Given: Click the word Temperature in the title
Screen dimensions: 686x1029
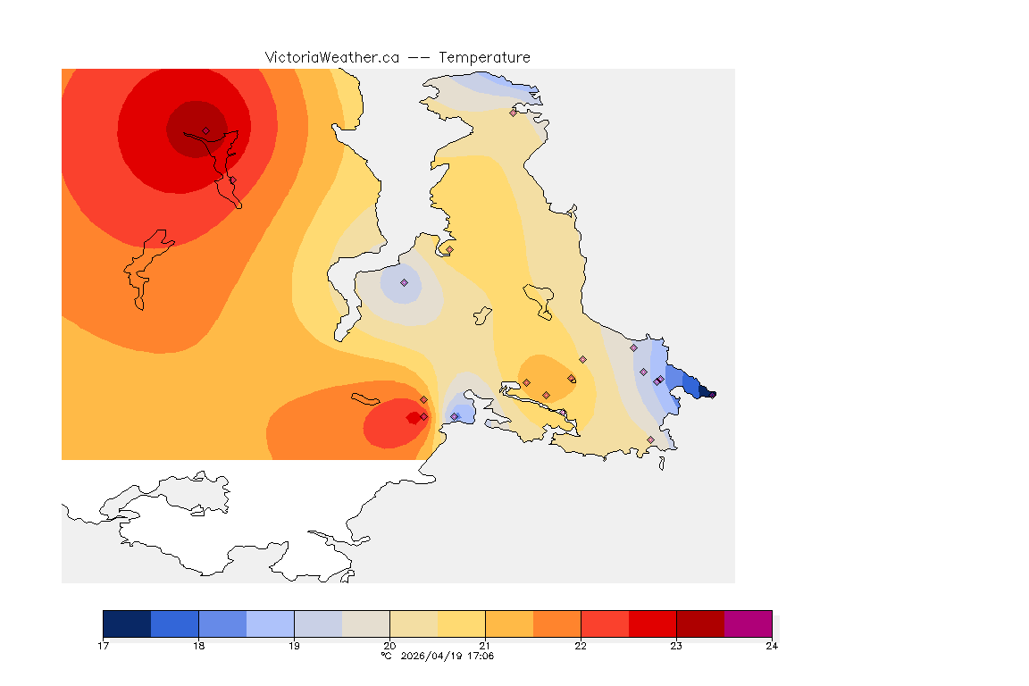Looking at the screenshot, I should pyautogui.click(x=484, y=57).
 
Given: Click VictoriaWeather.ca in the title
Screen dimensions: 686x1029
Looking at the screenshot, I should pyautogui.click(x=331, y=57).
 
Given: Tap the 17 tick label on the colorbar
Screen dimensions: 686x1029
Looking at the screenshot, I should pyautogui.click(x=104, y=645).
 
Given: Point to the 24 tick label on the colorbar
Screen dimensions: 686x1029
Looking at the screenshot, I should pyautogui.click(x=772, y=645).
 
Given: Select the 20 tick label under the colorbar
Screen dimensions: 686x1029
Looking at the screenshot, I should pyautogui.click(x=389, y=645).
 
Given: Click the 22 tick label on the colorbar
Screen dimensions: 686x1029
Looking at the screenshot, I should pyautogui.click(x=581, y=645).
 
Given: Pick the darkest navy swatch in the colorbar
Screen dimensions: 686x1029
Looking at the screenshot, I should pyautogui.click(x=127, y=623).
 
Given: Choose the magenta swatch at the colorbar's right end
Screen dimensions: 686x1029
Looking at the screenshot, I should pyautogui.click(x=748, y=623).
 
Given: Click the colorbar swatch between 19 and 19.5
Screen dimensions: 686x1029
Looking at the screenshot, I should pyautogui.click(x=318, y=623).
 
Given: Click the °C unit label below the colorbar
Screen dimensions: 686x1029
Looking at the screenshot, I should pyautogui.click(x=386, y=656).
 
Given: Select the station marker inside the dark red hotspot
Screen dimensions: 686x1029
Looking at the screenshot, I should pyautogui.click(x=205, y=130).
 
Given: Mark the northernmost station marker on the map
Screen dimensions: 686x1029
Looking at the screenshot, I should pyautogui.click(x=513, y=113).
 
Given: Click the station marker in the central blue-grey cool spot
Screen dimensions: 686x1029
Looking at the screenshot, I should pyautogui.click(x=404, y=282).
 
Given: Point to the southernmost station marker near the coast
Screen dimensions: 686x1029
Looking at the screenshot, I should pyautogui.click(x=650, y=439).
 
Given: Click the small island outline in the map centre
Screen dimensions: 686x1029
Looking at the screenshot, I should pyautogui.click(x=482, y=315).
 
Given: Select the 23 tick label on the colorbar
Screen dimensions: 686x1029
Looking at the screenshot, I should pyautogui.click(x=676, y=645).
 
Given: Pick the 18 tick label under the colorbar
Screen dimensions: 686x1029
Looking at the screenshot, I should pyautogui.click(x=198, y=645).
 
